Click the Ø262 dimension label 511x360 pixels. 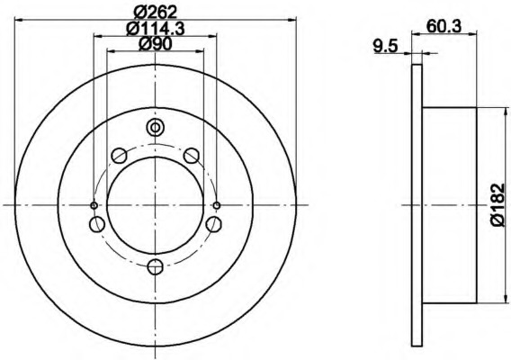click(155, 11)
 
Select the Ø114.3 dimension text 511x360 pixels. click(155, 28)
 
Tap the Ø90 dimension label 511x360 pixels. click(155, 44)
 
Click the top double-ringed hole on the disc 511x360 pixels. click(155, 127)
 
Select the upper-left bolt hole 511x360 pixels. click(119, 157)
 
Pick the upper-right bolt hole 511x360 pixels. click(191, 157)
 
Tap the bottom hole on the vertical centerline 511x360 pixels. click(155, 265)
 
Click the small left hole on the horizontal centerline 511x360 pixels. click(94, 205)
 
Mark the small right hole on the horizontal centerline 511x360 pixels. click(217, 205)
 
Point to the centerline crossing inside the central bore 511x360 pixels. click(155, 205)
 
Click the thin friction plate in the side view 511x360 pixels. click(416, 205)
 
